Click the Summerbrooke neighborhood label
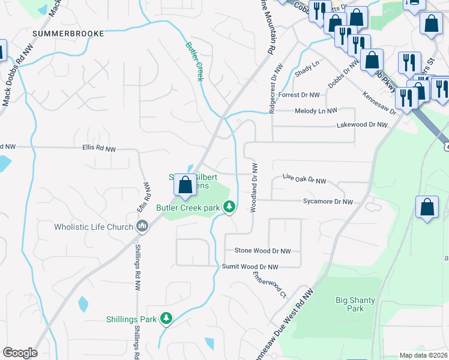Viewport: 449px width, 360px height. point(68,34)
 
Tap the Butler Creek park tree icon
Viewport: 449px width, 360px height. point(229,207)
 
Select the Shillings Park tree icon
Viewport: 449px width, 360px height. point(166,319)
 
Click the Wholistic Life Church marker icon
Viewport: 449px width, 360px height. point(142,226)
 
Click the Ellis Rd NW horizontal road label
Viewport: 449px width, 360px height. point(98,148)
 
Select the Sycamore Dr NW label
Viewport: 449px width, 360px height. point(328,202)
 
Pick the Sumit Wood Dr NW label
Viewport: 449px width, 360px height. point(250,266)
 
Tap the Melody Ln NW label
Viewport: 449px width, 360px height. point(316,111)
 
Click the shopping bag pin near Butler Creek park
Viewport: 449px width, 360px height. point(185,185)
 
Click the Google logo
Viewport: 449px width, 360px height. point(19,353)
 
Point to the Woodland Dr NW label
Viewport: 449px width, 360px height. point(255,184)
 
